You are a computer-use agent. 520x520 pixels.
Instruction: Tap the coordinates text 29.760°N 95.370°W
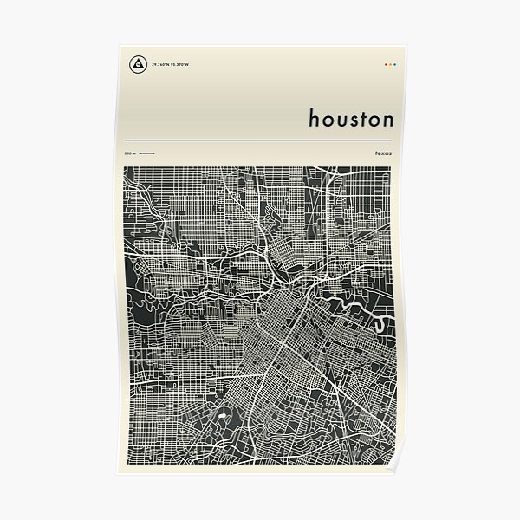(170, 64)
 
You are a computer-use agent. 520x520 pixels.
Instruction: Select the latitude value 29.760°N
(159, 64)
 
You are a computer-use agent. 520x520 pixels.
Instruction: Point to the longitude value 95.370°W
(180, 64)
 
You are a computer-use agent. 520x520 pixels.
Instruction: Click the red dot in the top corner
(385, 64)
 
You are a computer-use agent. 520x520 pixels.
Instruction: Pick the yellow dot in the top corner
(388, 64)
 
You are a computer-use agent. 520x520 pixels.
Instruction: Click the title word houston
(351, 118)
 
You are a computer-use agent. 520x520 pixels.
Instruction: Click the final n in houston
(387, 120)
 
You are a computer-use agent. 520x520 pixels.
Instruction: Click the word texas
(383, 153)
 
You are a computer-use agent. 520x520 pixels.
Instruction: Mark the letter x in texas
(383, 153)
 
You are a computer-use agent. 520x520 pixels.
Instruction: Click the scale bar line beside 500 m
(146, 153)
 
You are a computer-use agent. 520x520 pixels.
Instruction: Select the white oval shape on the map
(221, 417)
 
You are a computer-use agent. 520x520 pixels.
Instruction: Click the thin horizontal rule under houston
(260, 139)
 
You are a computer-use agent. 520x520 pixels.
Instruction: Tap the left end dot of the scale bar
(140, 153)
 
